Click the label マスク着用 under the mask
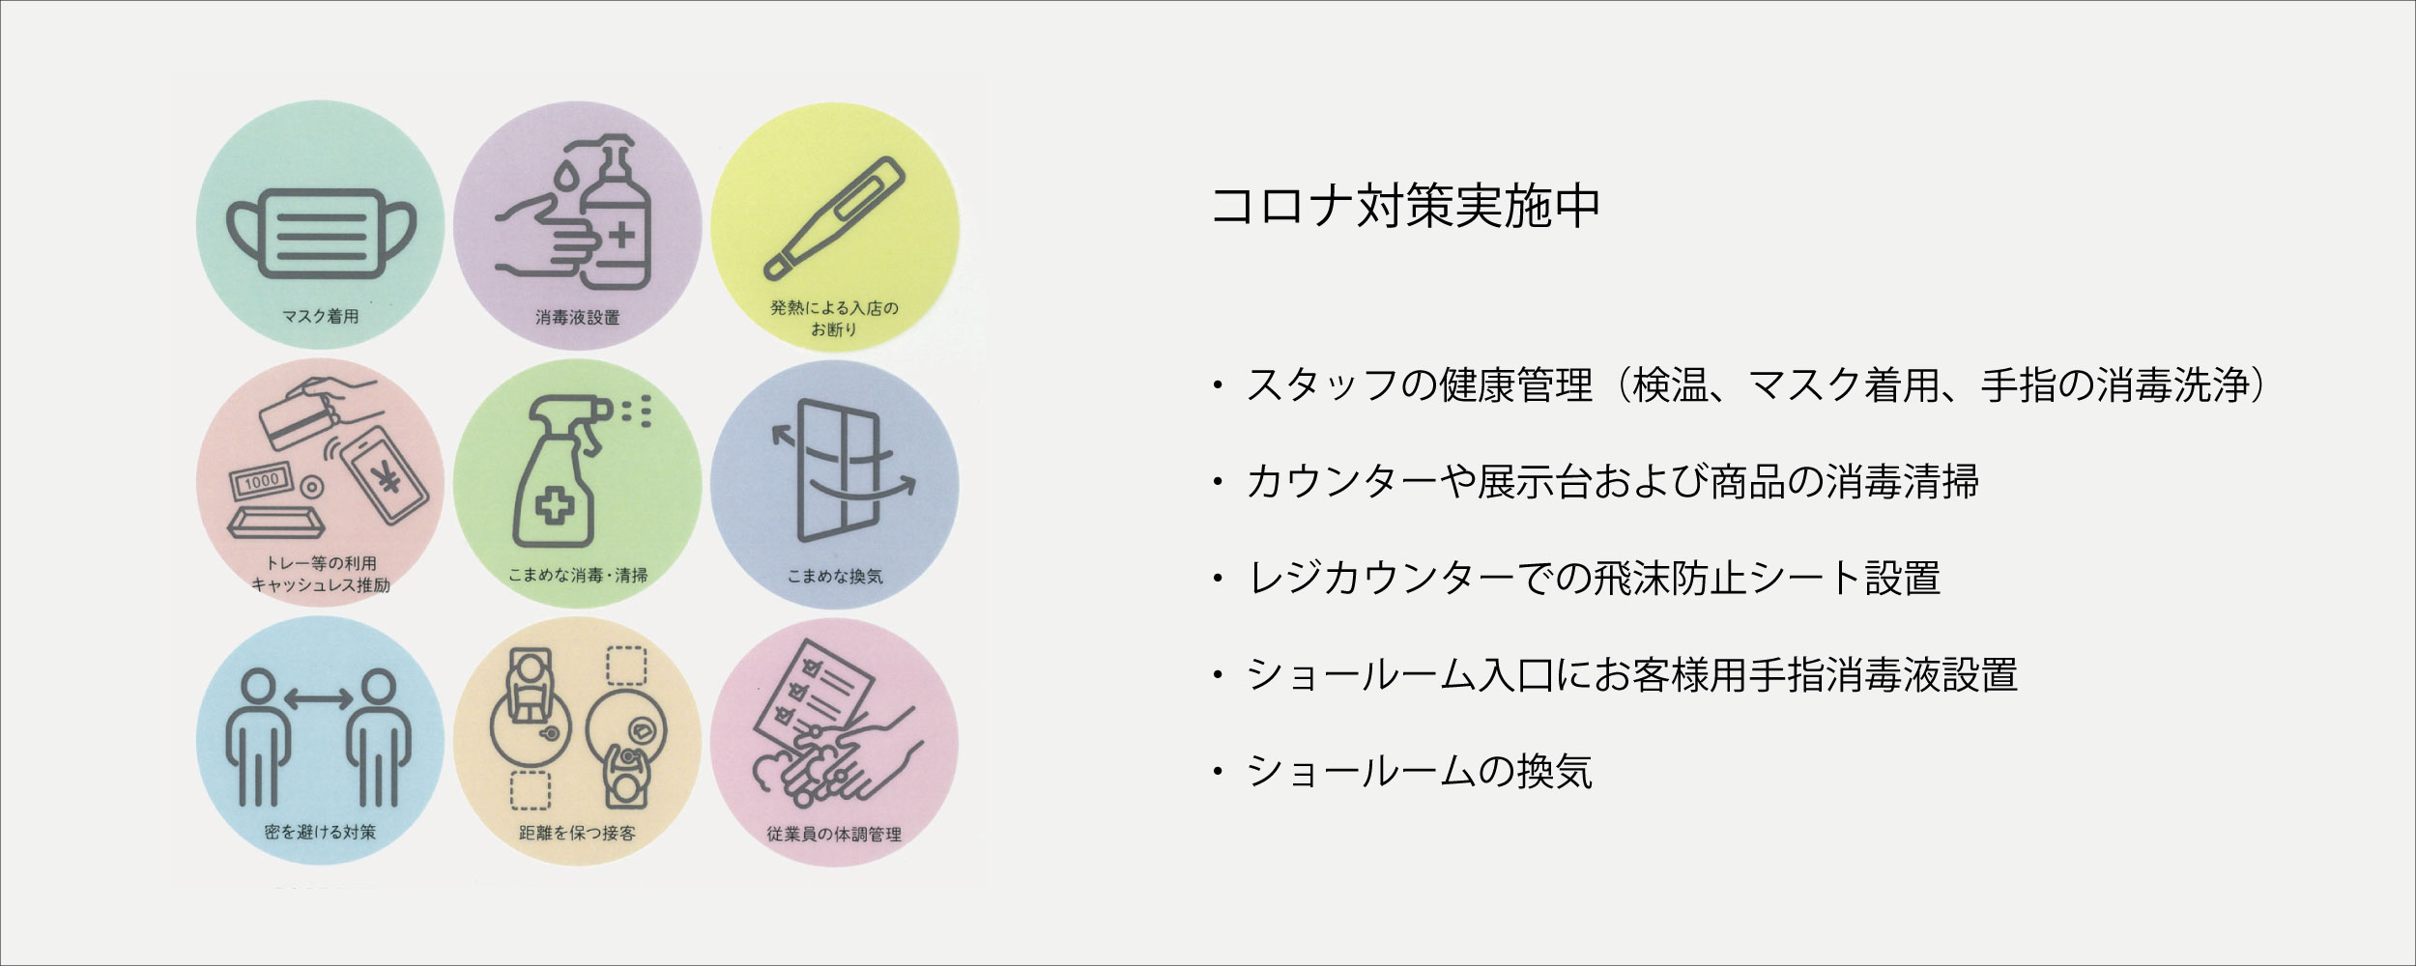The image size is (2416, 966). coord(320,316)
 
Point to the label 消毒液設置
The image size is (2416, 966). coord(577,317)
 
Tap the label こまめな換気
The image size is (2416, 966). coord(834,577)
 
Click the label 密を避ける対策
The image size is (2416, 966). coord(320,832)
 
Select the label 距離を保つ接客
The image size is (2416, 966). coord(577,833)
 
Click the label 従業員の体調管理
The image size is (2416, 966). coord(834,834)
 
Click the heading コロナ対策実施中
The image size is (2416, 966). coord(1405,206)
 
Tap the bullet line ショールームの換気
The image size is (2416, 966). coord(1419,771)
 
